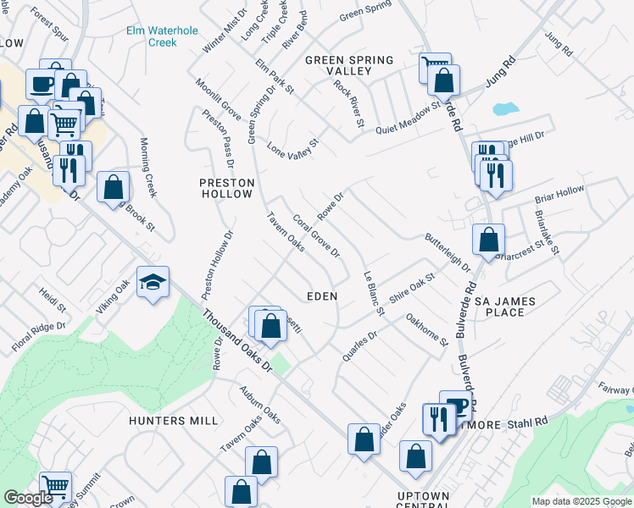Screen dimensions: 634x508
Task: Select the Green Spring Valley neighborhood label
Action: point(349,65)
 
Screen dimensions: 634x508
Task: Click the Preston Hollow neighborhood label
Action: point(226,188)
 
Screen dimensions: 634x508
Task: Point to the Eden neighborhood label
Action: point(322,296)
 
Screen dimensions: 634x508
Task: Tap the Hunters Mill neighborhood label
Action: point(175,420)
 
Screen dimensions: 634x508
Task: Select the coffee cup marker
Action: point(42,83)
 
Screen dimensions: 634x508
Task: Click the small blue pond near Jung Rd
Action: point(503,109)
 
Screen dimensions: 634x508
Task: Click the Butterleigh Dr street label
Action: point(448,252)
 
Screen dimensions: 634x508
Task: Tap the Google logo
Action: point(27,498)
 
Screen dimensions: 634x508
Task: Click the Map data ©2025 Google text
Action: point(581,501)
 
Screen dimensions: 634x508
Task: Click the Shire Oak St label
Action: point(412,289)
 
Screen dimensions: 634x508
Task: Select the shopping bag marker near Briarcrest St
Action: point(488,239)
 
